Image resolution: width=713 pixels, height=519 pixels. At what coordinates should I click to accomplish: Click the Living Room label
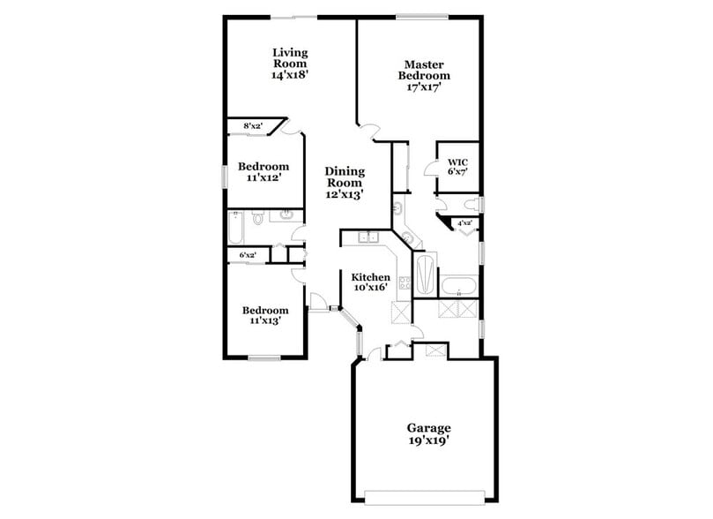pos(289,64)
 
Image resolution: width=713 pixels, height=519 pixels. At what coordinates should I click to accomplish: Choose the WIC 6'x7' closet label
pos(457,167)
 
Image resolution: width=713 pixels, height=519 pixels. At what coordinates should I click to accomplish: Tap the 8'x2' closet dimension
pos(253,126)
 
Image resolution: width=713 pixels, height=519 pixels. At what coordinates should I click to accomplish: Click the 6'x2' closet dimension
pos(248,255)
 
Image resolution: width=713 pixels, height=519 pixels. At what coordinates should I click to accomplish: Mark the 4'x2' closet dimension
pos(464,223)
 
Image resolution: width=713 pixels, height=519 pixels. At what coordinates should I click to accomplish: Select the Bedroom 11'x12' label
pos(264,172)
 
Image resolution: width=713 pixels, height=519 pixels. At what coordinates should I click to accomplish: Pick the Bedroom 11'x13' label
pos(265,315)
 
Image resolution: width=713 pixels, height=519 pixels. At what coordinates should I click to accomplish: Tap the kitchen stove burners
pos(405,283)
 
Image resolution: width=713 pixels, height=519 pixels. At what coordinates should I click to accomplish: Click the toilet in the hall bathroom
pos(256,218)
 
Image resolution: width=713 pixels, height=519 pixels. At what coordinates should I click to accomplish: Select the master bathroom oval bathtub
pos(458,286)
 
